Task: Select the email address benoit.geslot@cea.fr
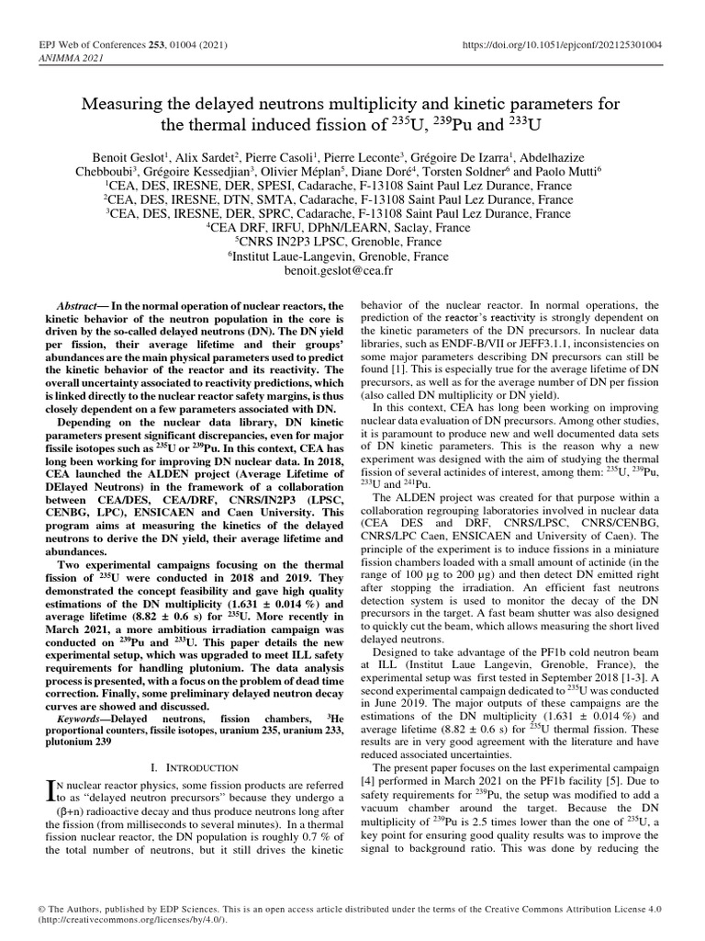point(352,273)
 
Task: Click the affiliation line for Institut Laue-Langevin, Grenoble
point(352,257)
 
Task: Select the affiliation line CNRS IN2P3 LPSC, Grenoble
point(352,243)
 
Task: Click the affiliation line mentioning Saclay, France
point(352,228)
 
